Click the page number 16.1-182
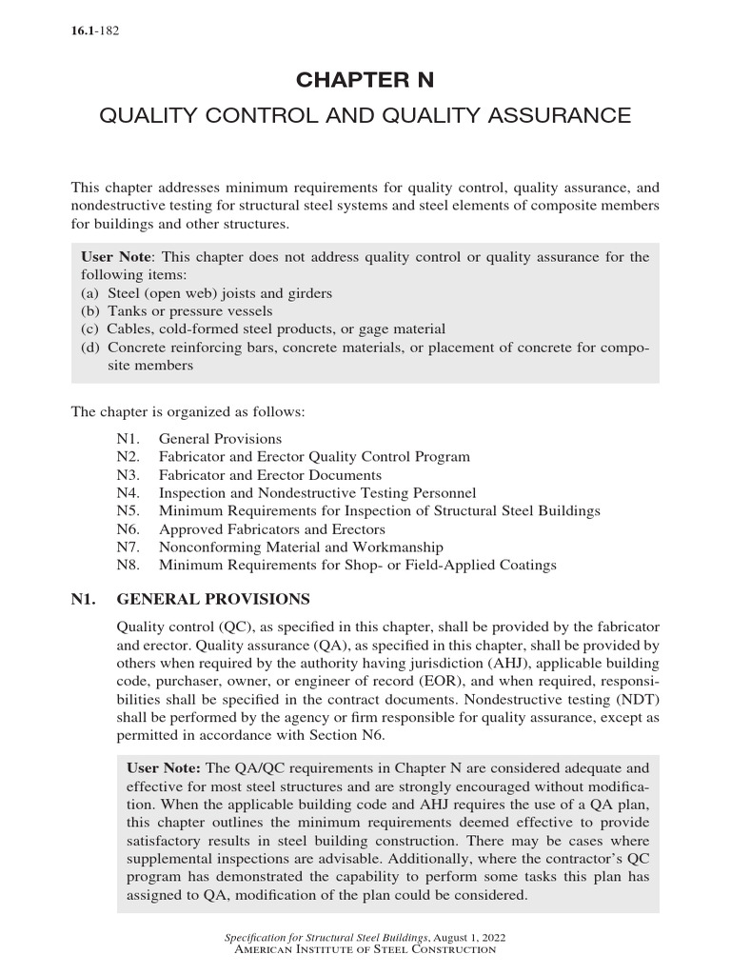point(94,31)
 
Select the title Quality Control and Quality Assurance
point(365,116)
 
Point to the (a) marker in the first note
point(90,293)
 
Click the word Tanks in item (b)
point(128,311)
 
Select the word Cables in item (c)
point(128,329)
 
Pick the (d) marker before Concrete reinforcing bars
point(91,348)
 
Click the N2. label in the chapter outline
point(128,457)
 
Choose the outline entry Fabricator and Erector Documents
point(269,475)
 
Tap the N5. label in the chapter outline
point(128,511)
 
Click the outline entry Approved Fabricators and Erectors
point(271,529)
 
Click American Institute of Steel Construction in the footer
point(365,950)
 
